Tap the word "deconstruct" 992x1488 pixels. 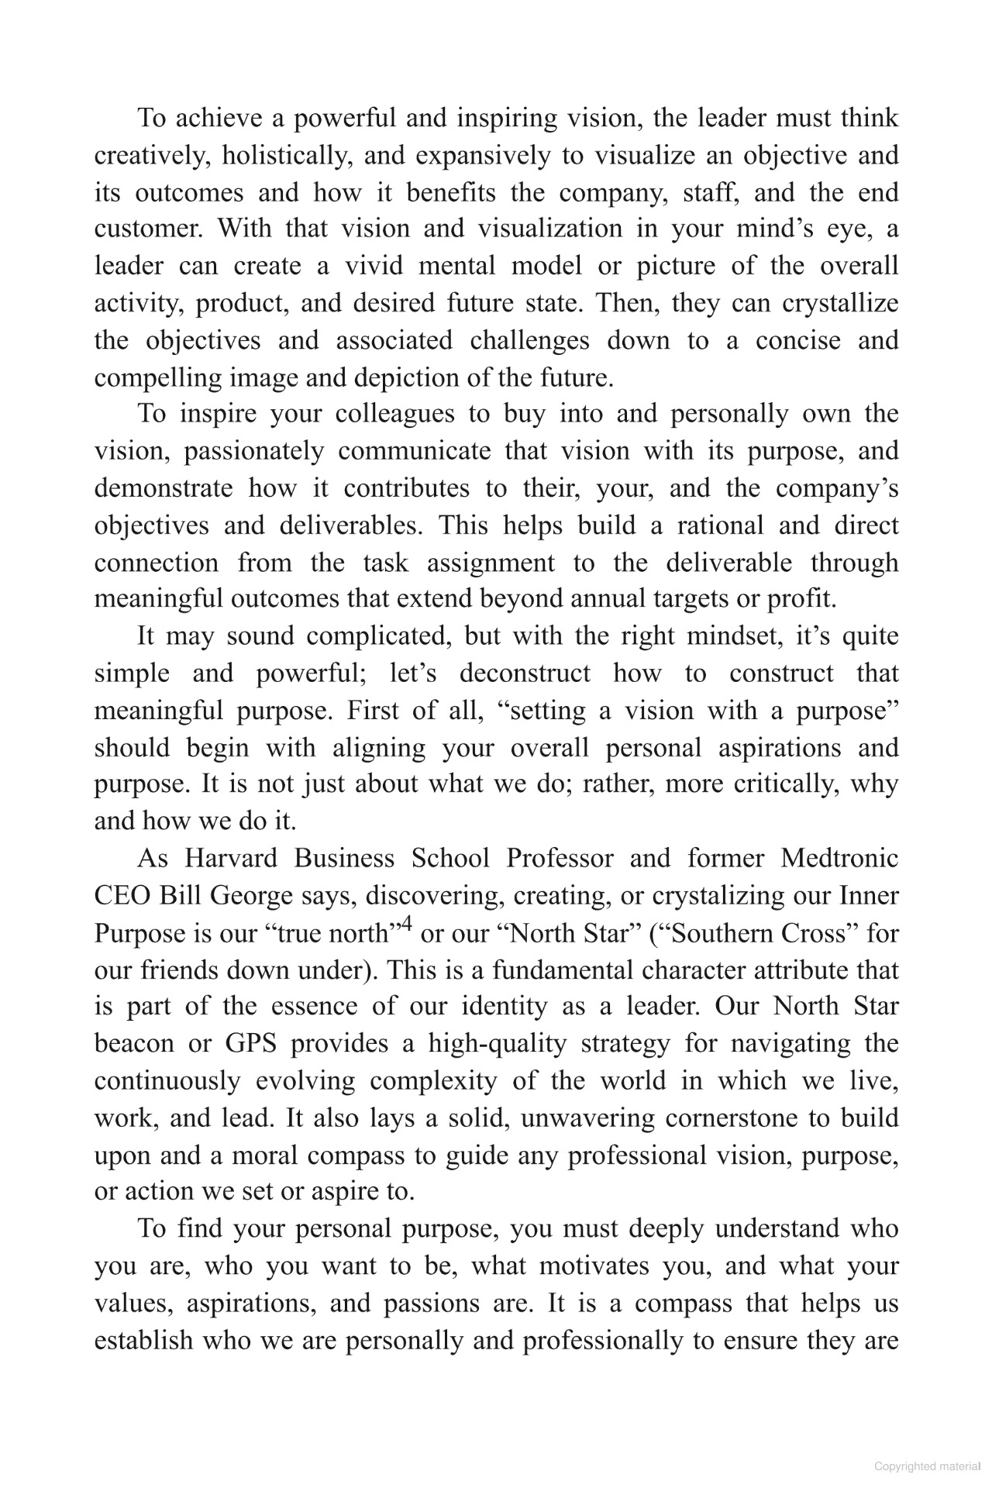(x=525, y=673)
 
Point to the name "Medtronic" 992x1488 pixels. (x=839, y=859)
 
